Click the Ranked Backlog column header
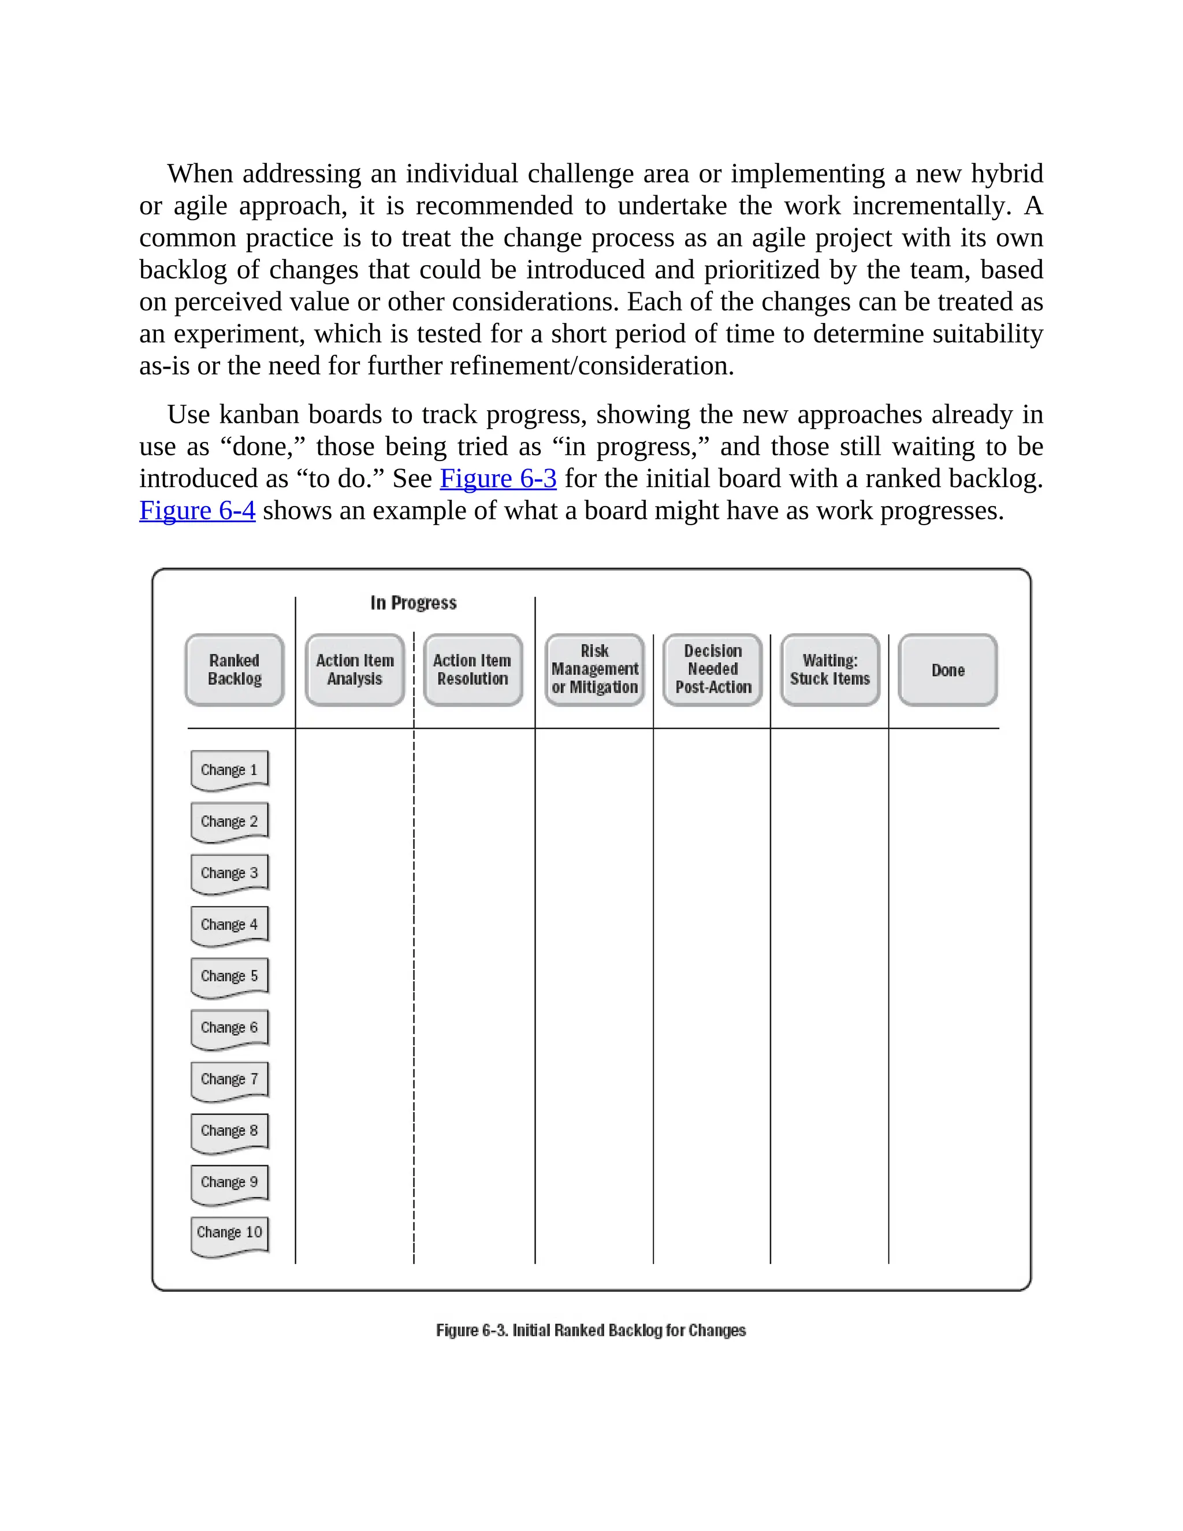[x=234, y=670]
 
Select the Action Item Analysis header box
[x=355, y=670]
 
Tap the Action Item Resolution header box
[x=473, y=670]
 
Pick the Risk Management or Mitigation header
[x=594, y=670]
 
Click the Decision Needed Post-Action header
[x=713, y=670]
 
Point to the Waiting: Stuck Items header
[x=830, y=670]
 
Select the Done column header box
[x=947, y=670]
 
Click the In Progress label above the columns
[x=414, y=603]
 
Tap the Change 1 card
[x=229, y=770]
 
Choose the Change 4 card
[x=229, y=924]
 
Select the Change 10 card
[x=229, y=1233]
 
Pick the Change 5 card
[x=229, y=976]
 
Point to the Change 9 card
[x=229, y=1182]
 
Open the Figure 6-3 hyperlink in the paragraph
[x=497, y=479]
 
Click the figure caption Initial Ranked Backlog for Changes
[x=591, y=1331]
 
